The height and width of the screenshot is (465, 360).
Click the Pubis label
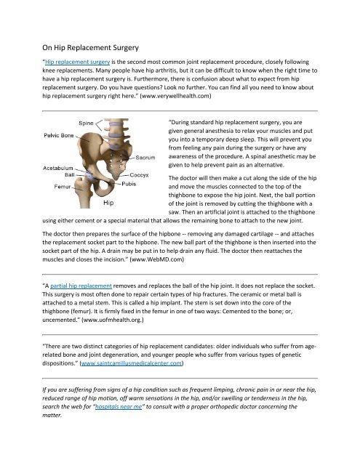coord(129,185)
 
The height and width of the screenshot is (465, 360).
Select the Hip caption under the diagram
coord(108,204)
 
